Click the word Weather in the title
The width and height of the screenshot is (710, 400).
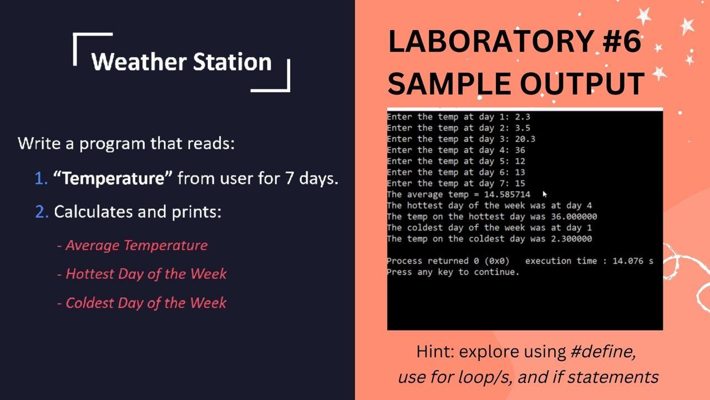click(139, 62)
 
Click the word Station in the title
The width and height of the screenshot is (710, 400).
click(232, 62)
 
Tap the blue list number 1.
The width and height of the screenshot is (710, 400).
click(41, 178)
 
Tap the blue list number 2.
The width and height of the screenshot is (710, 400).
click(42, 212)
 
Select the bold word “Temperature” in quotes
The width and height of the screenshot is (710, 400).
click(113, 178)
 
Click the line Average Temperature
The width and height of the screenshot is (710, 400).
click(132, 246)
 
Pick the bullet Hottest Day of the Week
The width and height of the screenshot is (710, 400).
click(141, 274)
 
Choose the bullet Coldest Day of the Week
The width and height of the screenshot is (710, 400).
click(141, 303)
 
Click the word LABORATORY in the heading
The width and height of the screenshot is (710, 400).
click(491, 42)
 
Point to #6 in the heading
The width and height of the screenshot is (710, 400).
click(622, 42)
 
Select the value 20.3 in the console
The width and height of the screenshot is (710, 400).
click(525, 139)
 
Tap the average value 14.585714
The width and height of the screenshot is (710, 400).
click(507, 194)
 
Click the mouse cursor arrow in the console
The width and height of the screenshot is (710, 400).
click(545, 194)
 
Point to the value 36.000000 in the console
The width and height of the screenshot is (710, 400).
click(574, 217)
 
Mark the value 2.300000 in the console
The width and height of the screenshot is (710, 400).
click(571, 239)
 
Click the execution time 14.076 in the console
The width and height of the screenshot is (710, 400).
click(628, 261)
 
